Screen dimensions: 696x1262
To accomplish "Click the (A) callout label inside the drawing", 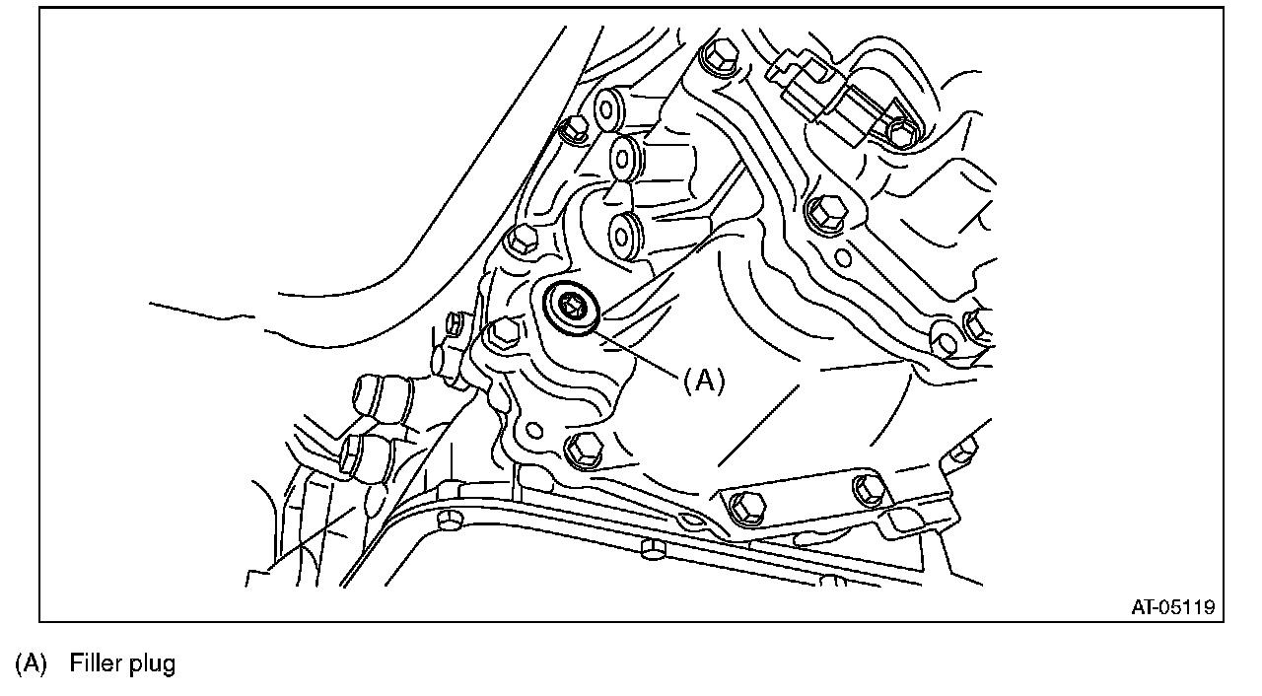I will (x=704, y=381).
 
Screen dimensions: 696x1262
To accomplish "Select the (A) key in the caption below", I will (x=31, y=664).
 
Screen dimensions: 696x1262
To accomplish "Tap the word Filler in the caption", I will (x=95, y=664).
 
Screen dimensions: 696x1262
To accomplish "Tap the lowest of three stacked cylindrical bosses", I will (x=625, y=235).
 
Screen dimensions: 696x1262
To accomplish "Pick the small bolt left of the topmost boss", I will (x=571, y=128).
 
